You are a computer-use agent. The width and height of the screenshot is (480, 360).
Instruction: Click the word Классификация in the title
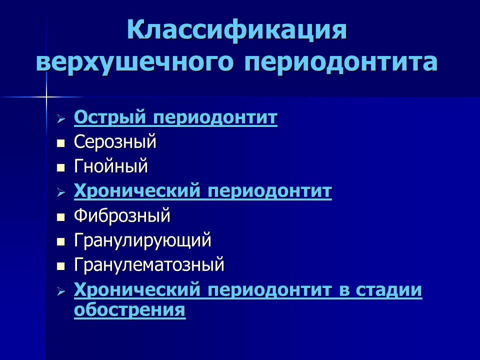pos(237,30)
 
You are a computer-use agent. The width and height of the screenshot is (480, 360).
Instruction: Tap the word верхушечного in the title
pos(135,62)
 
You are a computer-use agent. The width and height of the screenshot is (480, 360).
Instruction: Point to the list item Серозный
pos(115,141)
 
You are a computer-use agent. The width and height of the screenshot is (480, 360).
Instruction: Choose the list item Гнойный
pos(111,166)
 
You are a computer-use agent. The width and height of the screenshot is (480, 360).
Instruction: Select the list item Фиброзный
pos(122,215)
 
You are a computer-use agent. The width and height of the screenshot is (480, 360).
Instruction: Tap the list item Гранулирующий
pos(142,240)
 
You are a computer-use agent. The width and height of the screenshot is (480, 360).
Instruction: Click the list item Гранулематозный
pos(149,264)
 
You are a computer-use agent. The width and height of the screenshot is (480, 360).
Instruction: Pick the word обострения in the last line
pos(130,309)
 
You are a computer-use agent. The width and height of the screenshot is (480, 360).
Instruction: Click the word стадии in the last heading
pos(389,289)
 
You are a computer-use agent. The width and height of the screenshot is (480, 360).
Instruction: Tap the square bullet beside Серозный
pos(61,143)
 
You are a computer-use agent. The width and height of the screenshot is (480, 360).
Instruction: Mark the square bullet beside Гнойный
pos(61,167)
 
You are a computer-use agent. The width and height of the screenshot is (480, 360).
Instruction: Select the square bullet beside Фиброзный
pos(61,217)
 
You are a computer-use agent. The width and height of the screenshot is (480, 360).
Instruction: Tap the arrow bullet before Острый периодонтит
pos(61,118)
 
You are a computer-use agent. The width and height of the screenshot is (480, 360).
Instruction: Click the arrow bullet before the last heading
pos(61,291)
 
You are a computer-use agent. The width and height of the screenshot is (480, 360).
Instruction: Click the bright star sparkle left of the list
pos(46,97)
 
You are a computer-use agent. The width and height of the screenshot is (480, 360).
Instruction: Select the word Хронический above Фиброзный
pos(137,191)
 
